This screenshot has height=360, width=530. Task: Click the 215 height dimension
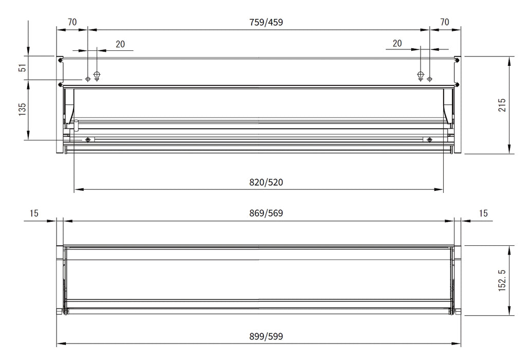tap(502, 105)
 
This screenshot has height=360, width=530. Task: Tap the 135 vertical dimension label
tap(22, 109)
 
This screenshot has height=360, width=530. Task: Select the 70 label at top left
tap(72, 22)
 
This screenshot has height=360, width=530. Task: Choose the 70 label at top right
tap(445, 22)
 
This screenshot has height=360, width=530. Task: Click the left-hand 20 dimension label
tap(120, 44)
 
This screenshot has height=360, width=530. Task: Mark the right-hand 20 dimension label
tap(397, 44)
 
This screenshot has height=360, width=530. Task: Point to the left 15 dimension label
tap(34, 213)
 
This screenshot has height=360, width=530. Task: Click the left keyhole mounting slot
tap(97, 76)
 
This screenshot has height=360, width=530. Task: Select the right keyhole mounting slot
tap(421, 76)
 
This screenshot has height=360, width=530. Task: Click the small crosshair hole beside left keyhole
tap(88, 79)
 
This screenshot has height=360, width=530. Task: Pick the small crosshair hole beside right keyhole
tap(430, 79)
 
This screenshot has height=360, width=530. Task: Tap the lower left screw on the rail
tap(88, 140)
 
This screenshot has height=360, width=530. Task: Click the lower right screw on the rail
tap(429, 140)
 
